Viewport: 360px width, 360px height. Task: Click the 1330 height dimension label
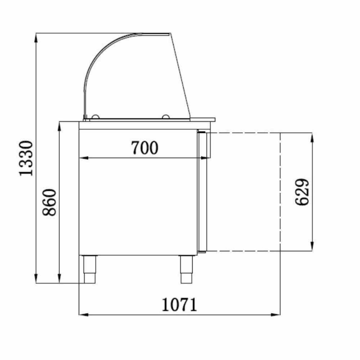tap(26, 158)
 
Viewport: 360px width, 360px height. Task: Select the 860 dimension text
tap(49, 202)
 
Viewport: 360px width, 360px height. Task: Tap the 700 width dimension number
tap(144, 148)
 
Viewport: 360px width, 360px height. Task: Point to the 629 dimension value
tap(302, 192)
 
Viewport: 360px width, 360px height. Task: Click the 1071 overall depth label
tap(180, 305)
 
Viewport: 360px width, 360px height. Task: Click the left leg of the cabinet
tap(90, 269)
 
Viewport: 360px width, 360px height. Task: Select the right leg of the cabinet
tap(186, 269)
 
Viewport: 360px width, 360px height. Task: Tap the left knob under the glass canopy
tap(95, 117)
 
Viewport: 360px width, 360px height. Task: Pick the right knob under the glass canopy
tap(166, 117)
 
